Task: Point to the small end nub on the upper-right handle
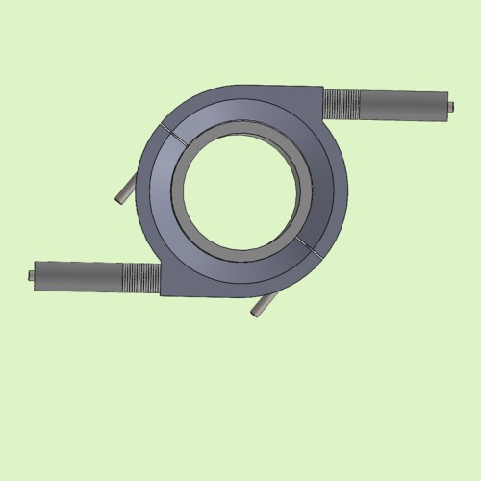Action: click(449, 104)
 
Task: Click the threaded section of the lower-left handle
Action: click(141, 277)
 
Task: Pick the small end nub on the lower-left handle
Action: click(32, 276)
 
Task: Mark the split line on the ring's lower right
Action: click(310, 244)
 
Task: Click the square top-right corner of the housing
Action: click(318, 89)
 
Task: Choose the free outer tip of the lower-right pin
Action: click(256, 314)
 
